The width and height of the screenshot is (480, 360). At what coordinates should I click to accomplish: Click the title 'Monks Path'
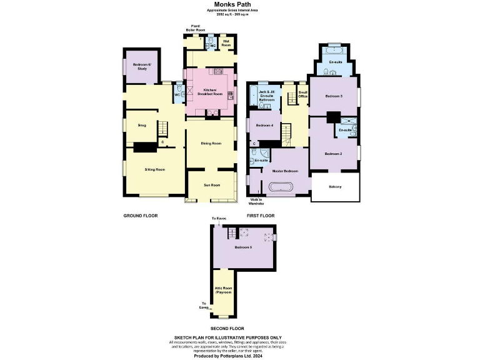[240, 4]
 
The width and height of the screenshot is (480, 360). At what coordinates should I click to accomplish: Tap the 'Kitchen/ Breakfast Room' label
[210, 92]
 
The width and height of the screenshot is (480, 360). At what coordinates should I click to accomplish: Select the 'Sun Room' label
[211, 185]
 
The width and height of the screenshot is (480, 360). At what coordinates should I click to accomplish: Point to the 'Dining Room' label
[211, 144]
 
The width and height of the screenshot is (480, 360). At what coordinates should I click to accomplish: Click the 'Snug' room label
[141, 125]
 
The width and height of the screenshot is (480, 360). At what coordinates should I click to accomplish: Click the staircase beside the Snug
[162, 129]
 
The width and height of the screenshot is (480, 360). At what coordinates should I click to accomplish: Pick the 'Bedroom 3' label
[334, 96]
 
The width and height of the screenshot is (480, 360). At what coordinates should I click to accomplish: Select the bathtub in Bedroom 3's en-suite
[334, 49]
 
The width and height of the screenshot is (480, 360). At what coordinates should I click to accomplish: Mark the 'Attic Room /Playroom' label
[223, 290]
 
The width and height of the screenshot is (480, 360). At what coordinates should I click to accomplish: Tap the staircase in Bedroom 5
[233, 232]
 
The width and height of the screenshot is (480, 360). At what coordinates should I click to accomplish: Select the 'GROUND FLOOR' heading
[140, 216]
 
